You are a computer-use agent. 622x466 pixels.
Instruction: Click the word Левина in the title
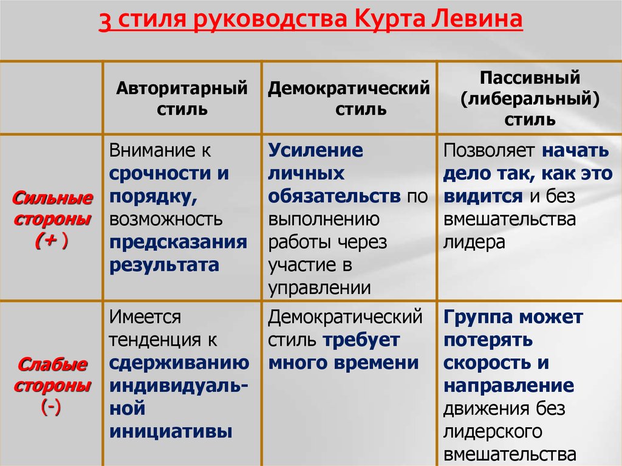coord(476,19)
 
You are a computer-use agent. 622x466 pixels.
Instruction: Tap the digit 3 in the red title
coord(104,21)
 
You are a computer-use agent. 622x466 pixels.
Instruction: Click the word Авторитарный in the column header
coord(182,89)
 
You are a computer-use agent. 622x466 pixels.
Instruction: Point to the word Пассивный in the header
coord(530,77)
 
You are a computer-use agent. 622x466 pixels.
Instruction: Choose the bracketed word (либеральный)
coord(530,99)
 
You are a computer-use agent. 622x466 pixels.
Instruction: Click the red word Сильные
coord(52,197)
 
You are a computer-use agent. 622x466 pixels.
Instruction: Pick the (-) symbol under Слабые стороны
coord(51,407)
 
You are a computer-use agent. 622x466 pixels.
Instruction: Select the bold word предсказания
coord(178,242)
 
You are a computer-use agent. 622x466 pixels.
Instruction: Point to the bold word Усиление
coord(315,151)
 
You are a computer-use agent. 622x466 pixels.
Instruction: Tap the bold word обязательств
coord(335,196)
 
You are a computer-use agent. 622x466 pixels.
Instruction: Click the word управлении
coord(320,289)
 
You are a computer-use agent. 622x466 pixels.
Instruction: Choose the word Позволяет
coord(489,151)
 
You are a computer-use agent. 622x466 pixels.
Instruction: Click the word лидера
coord(474,242)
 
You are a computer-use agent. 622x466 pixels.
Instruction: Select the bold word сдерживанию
coord(179,363)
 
